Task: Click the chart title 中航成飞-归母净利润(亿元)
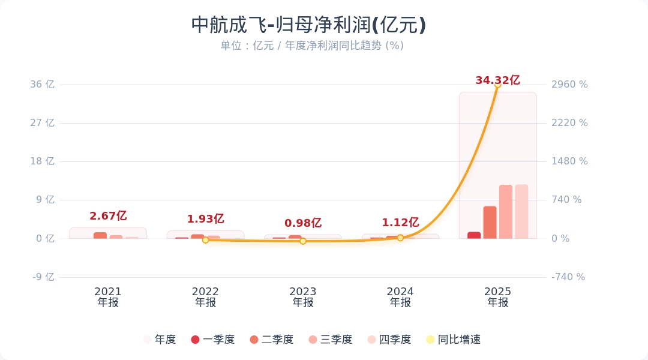(308, 25)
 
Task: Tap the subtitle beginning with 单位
(311, 46)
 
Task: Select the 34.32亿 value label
(497, 80)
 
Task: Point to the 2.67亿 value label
(108, 216)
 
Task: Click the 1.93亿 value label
(205, 219)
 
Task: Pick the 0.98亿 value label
(303, 223)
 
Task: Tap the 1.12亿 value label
(400, 223)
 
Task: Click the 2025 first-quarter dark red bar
(474, 235)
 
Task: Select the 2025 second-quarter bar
(490, 223)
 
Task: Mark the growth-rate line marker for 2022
(205, 240)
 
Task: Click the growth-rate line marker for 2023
(303, 241)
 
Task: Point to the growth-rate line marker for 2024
(400, 238)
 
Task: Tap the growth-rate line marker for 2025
(497, 85)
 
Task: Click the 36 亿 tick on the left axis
(42, 85)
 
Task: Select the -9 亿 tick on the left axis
(43, 277)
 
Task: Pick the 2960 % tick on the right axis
(569, 85)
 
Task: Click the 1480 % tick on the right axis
(569, 161)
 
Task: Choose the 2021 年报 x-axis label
(108, 297)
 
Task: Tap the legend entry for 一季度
(212, 340)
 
